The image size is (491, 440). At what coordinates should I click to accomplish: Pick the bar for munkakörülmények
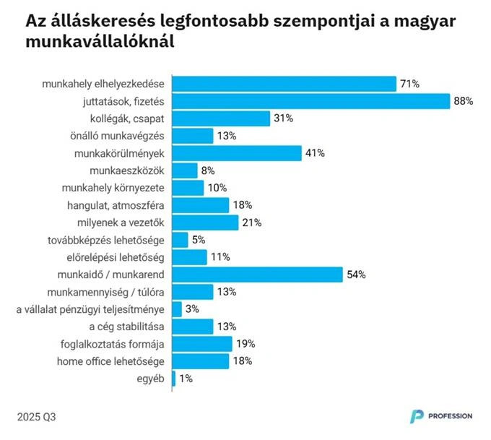(237, 153)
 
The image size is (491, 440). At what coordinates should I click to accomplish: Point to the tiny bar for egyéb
(174, 379)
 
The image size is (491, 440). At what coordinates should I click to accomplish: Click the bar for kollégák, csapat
(221, 118)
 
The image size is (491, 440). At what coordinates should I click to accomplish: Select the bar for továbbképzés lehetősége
(181, 240)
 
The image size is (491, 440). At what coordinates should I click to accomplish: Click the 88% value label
(463, 101)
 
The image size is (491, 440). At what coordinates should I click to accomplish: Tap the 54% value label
(356, 275)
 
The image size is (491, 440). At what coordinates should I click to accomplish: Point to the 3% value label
(193, 309)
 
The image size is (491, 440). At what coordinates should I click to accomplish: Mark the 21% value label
(251, 223)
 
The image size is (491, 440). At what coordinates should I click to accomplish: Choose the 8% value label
(208, 171)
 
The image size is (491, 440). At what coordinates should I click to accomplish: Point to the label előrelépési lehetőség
(120, 257)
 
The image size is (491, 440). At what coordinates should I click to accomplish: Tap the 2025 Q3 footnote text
(36, 417)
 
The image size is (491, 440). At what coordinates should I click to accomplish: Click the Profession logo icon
(417, 416)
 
